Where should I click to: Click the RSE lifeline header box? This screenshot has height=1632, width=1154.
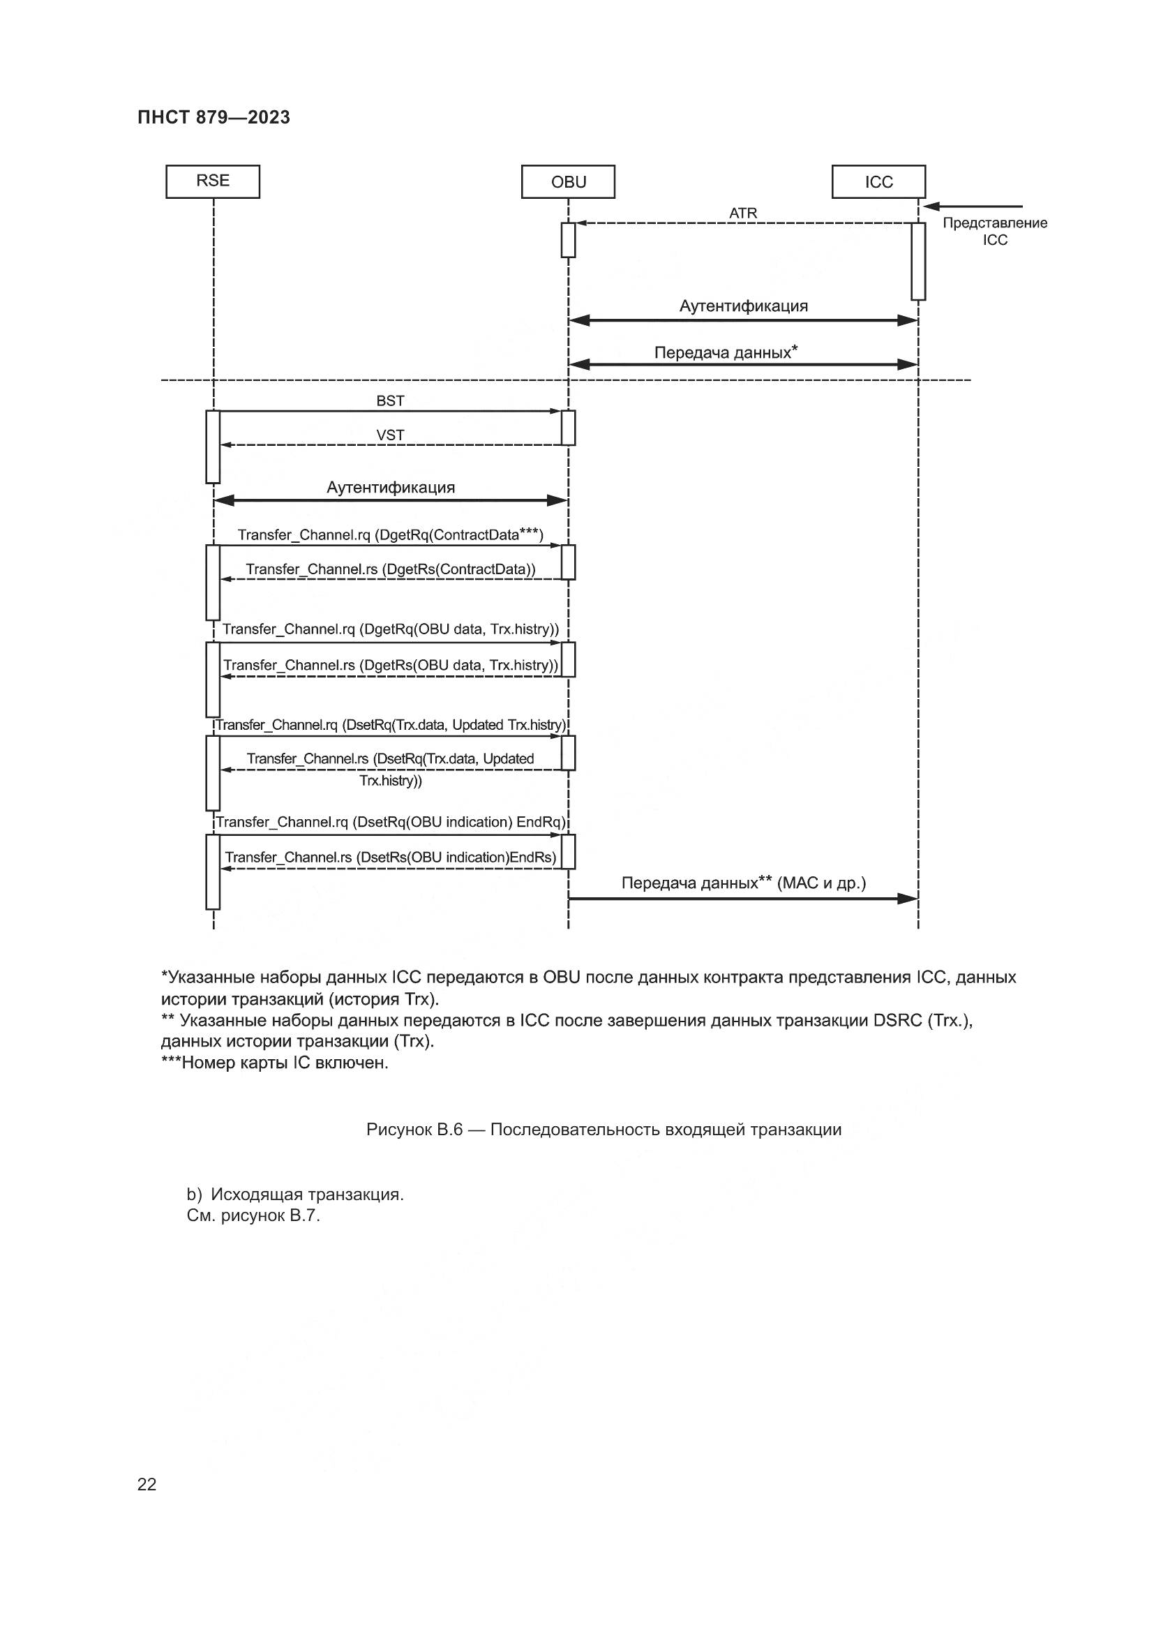pyautogui.click(x=213, y=181)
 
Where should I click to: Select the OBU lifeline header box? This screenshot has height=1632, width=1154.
pyautogui.click(x=568, y=182)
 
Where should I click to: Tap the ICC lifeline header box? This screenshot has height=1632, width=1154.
pyautogui.click(x=878, y=182)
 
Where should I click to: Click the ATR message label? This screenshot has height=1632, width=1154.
pyautogui.click(x=742, y=214)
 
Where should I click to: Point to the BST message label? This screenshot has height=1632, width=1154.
pyautogui.click(x=390, y=401)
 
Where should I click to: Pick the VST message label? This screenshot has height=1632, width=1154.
pyautogui.click(x=390, y=435)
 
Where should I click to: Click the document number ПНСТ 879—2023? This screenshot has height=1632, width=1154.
pyautogui.click(x=214, y=118)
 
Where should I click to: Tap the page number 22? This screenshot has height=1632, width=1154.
pyautogui.click(x=147, y=1484)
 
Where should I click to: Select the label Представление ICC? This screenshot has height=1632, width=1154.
pyautogui.click(x=994, y=232)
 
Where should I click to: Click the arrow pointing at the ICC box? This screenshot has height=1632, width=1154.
pyautogui.click(x=973, y=206)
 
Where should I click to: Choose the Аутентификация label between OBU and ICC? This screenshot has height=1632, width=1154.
pyautogui.click(x=743, y=306)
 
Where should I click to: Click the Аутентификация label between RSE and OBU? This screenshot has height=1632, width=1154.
pyautogui.click(x=390, y=488)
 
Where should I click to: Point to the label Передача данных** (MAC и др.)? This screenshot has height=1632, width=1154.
pyautogui.click(x=743, y=883)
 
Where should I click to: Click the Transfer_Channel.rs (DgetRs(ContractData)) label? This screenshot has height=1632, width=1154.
pyautogui.click(x=390, y=569)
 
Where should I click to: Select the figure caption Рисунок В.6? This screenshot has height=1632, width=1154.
pyautogui.click(x=604, y=1130)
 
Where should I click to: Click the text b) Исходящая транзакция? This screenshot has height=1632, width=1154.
pyautogui.click(x=295, y=1195)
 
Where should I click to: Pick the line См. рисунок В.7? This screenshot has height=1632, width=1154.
pyautogui.click(x=253, y=1216)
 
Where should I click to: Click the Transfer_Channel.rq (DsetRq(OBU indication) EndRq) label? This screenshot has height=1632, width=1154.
pyautogui.click(x=390, y=823)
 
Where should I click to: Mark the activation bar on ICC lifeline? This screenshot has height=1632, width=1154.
pyautogui.click(x=918, y=262)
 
